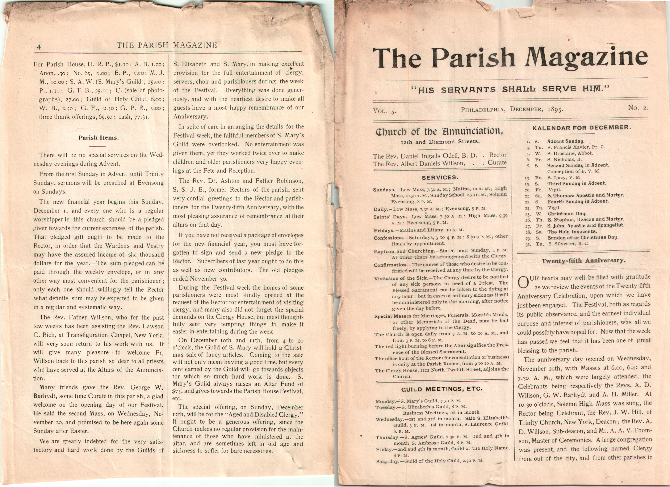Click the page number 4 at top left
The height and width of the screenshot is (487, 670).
(x=39, y=47)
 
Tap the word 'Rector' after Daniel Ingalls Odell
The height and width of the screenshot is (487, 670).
(x=498, y=155)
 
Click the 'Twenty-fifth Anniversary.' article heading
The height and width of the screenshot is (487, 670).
(x=584, y=261)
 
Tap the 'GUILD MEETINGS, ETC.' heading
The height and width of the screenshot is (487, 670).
(x=442, y=389)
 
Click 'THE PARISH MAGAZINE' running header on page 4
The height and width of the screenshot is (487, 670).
(x=167, y=45)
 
